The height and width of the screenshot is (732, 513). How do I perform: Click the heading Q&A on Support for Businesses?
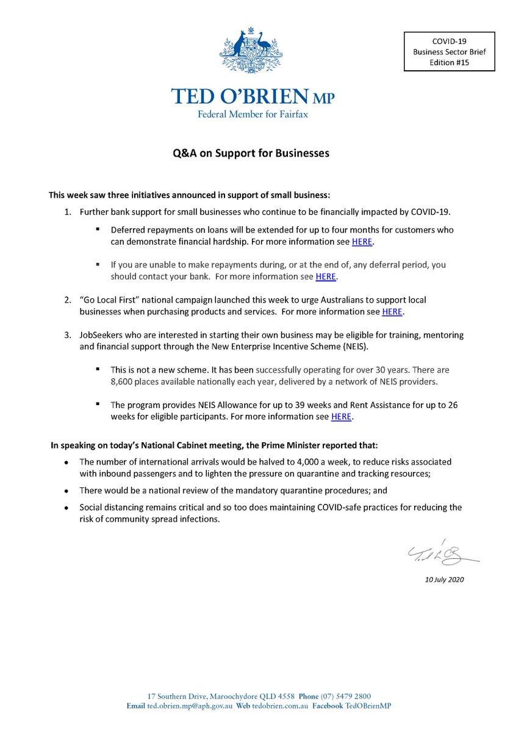(x=251, y=153)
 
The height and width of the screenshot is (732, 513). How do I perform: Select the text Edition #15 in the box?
(x=450, y=62)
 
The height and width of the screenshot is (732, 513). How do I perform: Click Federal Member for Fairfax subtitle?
(x=253, y=114)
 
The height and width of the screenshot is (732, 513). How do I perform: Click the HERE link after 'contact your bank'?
(x=326, y=277)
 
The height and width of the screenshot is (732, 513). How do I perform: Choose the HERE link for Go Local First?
(x=392, y=312)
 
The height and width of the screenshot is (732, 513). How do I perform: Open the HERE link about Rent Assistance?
(x=342, y=417)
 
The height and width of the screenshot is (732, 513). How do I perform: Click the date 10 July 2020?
(x=445, y=579)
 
